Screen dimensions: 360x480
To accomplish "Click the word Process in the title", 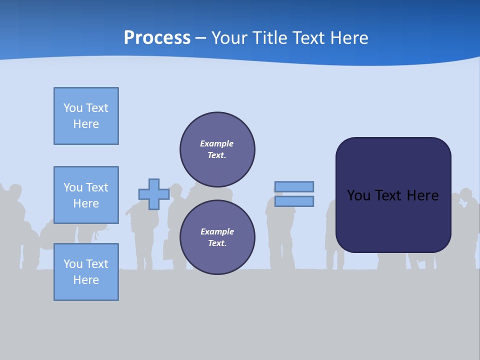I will [157, 38].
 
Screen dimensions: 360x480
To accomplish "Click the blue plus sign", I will [154, 194].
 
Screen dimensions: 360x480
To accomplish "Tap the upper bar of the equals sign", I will [294, 187].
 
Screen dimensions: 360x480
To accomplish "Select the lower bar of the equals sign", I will [294, 201].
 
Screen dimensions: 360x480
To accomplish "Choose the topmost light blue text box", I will [86, 116].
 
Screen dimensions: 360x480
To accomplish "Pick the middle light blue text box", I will [86, 195].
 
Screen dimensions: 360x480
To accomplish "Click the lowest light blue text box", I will [86, 272].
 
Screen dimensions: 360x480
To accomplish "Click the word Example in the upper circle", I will [217, 143].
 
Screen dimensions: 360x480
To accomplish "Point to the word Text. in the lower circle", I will [217, 243].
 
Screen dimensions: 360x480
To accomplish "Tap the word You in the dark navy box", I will [358, 195].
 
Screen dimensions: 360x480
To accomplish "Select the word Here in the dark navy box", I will [422, 195].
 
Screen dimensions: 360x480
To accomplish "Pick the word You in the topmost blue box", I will [73, 108].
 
